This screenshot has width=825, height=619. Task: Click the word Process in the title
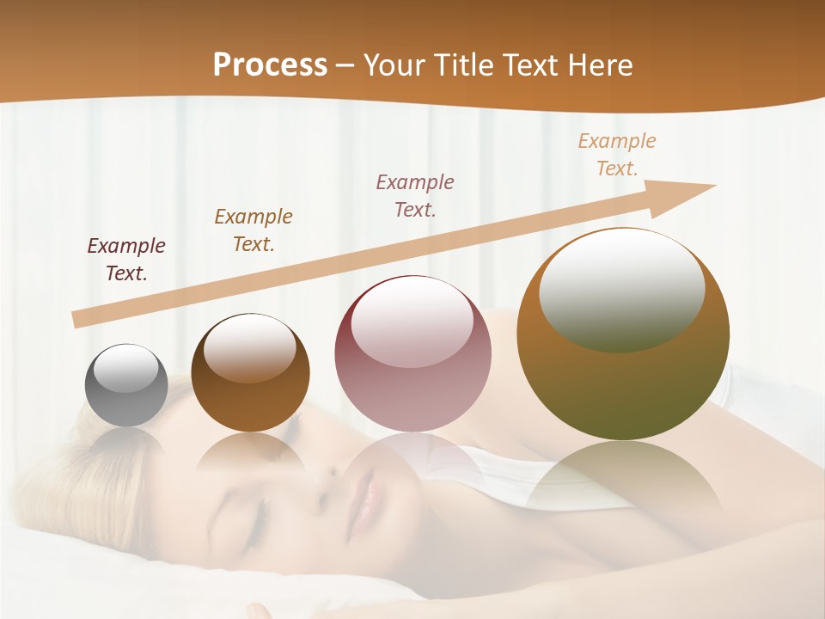pos(270,65)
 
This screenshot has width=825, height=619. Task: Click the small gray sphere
pos(126,386)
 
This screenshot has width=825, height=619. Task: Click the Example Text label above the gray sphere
pos(126,260)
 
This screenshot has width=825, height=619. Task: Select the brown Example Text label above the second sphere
pos(254,230)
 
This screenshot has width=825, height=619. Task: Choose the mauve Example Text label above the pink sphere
pos(415,195)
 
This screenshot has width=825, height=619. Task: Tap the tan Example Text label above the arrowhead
pos(617,155)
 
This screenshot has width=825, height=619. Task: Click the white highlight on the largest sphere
pos(622,289)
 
